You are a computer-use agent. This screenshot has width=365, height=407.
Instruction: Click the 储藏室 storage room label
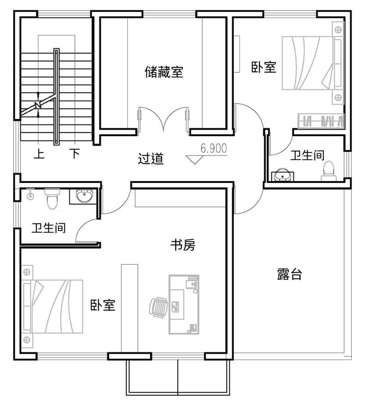click(x=164, y=72)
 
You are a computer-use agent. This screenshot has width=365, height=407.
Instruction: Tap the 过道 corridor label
click(x=151, y=158)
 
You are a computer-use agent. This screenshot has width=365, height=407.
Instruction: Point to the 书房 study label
click(x=183, y=245)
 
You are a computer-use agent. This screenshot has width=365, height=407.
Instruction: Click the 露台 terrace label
click(x=290, y=274)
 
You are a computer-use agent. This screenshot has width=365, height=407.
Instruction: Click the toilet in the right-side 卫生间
click(x=328, y=169)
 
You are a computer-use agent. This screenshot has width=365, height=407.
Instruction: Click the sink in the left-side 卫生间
click(x=83, y=196)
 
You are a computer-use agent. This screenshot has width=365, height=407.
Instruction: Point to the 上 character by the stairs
click(x=39, y=154)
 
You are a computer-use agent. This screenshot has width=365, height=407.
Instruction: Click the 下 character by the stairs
click(x=74, y=154)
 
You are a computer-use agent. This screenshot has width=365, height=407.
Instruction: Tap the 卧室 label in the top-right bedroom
click(x=264, y=67)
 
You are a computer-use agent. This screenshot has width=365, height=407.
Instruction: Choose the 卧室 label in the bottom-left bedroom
click(x=103, y=305)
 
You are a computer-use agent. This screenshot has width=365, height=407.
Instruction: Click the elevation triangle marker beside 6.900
click(x=193, y=159)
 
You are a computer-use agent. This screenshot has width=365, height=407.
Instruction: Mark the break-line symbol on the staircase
click(x=39, y=106)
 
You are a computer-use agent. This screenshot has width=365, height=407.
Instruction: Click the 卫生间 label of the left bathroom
click(x=49, y=228)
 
